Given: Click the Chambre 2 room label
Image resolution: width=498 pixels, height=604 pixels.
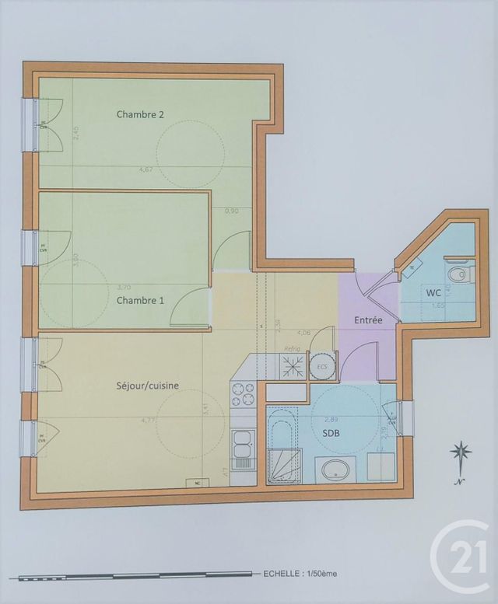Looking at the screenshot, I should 140,114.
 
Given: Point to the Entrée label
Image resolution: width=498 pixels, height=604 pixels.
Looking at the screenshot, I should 368,319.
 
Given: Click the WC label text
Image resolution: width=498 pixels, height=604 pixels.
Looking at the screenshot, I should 433,293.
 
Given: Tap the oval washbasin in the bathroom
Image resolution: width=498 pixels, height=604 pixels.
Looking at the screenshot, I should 335,469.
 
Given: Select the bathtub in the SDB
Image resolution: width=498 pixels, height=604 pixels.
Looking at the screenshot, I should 281,445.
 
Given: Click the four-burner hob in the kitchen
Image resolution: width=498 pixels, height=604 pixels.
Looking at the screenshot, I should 244,393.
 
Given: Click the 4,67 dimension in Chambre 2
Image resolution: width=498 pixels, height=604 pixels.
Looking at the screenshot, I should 146,169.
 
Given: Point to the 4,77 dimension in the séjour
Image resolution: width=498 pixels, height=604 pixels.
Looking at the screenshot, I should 146,421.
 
